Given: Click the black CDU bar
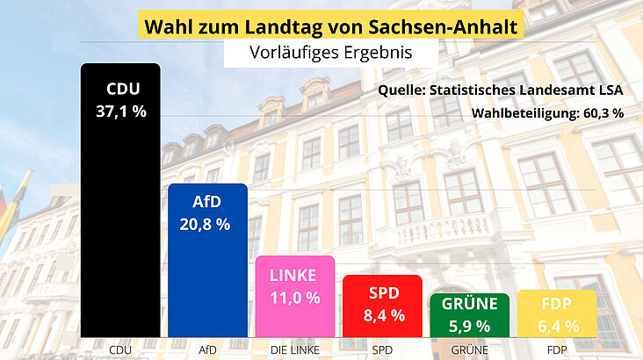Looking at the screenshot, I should pyautogui.click(x=120, y=228).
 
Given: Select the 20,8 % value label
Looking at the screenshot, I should pyautogui.click(x=207, y=224).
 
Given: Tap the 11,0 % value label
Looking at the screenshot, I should pyautogui.click(x=295, y=298).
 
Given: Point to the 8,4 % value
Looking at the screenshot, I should pyautogui.click(x=382, y=314).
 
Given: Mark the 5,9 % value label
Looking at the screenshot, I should pyautogui.click(x=470, y=326).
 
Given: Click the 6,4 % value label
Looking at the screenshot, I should pyautogui.click(x=557, y=326).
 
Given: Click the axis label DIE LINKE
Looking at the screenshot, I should pyautogui.click(x=295, y=350).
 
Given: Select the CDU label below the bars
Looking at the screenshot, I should pyautogui.click(x=120, y=350).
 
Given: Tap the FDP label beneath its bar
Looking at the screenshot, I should pyautogui.click(x=557, y=350).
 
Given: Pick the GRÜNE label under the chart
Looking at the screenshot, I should pyautogui.click(x=470, y=350).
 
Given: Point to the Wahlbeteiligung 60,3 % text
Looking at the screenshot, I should pyautogui.click(x=547, y=112).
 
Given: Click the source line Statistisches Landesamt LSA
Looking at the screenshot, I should pyautogui.click(x=520, y=90).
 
